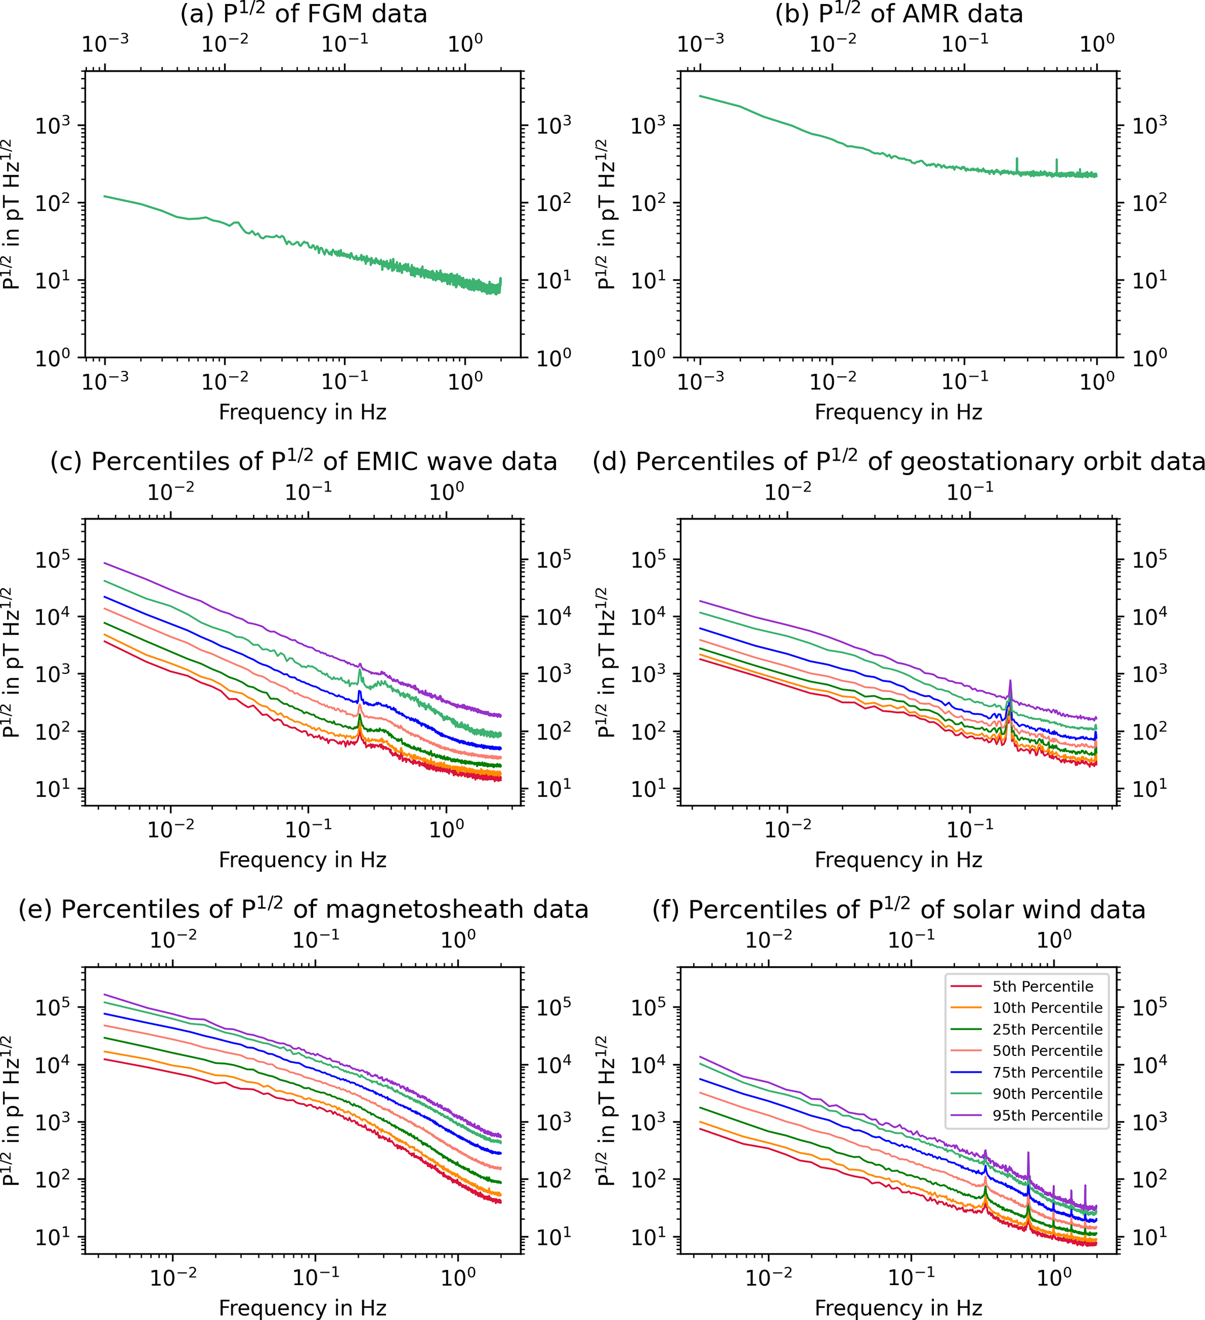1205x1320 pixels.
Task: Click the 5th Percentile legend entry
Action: click(x=1042, y=987)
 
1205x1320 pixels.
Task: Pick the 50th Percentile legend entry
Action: click(x=1046, y=1051)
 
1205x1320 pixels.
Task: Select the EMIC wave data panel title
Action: click(x=303, y=462)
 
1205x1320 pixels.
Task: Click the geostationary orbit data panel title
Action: click(x=899, y=462)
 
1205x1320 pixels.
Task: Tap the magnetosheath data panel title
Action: click(x=303, y=910)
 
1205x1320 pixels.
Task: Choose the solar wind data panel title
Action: click(x=899, y=910)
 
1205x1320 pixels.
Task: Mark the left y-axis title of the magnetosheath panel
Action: click(x=11, y=1111)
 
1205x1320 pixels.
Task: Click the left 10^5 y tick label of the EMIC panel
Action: click(x=52, y=560)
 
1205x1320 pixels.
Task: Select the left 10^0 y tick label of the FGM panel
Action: click(x=52, y=358)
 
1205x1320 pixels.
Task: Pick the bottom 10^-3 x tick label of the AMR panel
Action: click(x=700, y=380)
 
